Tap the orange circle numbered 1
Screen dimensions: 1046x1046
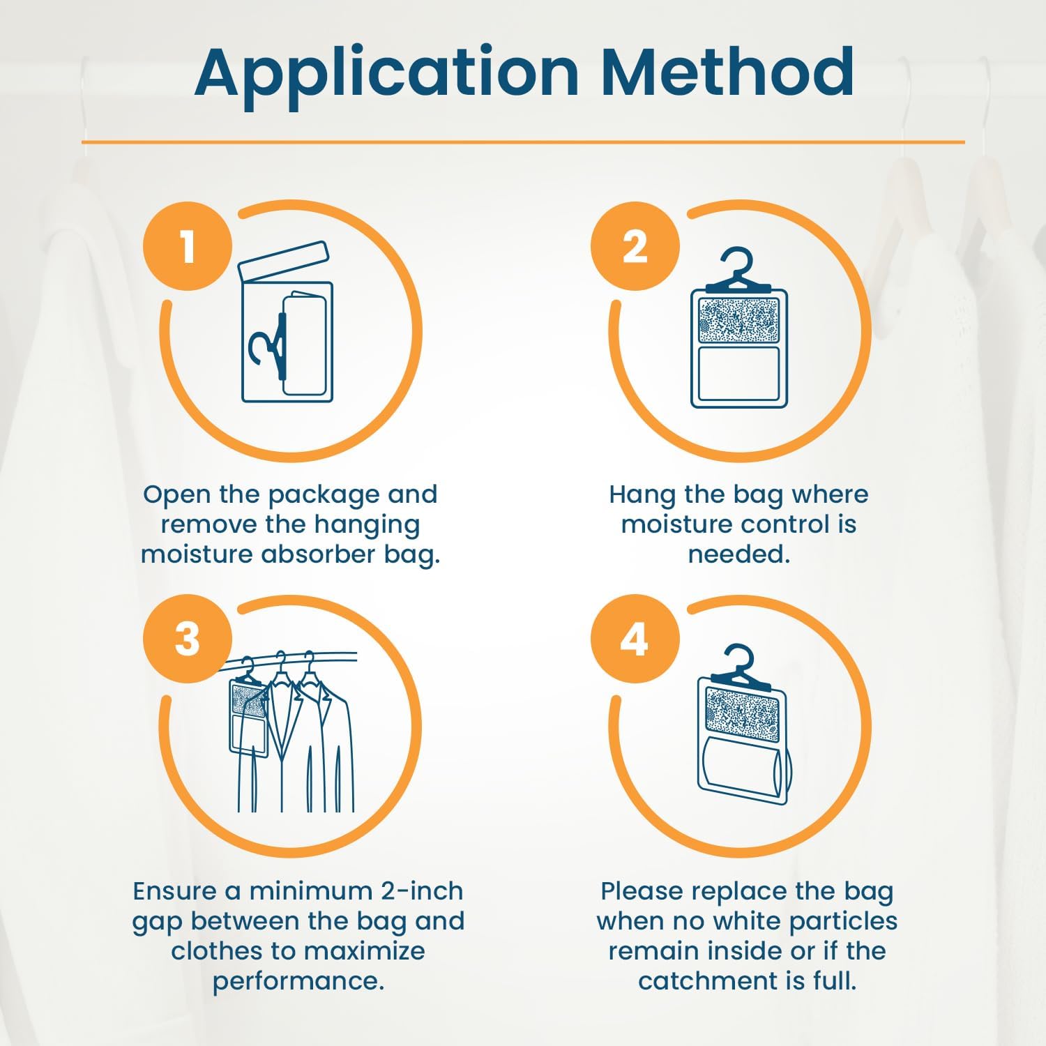pos(187,245)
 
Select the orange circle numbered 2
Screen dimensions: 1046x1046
pos(635,245)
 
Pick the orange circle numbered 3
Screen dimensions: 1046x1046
pos(187,638)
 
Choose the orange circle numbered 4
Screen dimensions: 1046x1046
pos(635,638)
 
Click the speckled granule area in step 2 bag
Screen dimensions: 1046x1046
pos(738,320)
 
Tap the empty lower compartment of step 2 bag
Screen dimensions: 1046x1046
pos(738,374)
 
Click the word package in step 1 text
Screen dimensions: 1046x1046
pos(325,495)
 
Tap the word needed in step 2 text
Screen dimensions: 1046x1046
pos(738,554)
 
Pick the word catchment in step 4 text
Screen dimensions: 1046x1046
pos(710,981)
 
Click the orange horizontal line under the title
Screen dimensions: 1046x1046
pos(523,142)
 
